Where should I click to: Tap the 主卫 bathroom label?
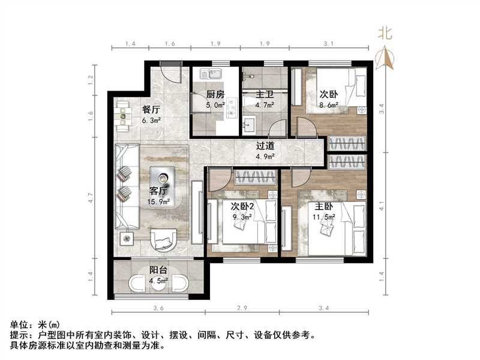coord(265,94)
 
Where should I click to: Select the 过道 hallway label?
coord(265,145)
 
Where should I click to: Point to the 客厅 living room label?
coord(158,192)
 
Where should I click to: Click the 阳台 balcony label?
coord(158,269)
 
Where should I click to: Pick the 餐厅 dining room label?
coord(151,110)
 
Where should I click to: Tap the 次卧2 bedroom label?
coord(243,205)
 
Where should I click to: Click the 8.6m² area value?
coord(328,104)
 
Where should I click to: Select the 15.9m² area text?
coord(158,202)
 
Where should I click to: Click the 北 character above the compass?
coord(386,34)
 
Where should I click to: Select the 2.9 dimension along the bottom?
coord(243,308)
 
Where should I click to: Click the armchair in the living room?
coord(163,240)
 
